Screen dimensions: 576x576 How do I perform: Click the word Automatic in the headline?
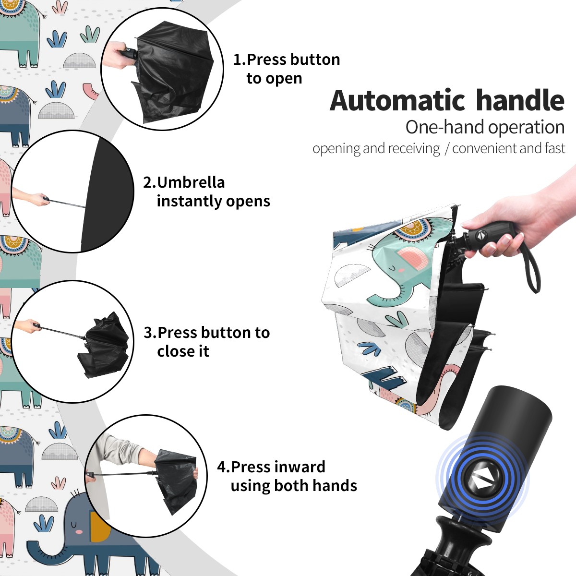(397, 101)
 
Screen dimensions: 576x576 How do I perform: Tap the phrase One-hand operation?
(485, 128)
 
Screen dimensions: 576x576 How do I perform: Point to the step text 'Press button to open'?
(287, 69)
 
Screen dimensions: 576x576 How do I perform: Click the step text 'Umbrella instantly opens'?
(206, 192)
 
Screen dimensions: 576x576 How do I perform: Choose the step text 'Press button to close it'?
(206, 342)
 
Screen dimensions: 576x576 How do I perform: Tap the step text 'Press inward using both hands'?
(287, 476)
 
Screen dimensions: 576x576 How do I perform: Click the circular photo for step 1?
(162, 69)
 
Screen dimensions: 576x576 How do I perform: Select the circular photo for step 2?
(72, 192)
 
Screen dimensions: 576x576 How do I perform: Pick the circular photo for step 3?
(72, 342)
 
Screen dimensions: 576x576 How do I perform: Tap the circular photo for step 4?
(146, 476)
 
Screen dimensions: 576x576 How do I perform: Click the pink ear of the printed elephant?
(411, 257)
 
